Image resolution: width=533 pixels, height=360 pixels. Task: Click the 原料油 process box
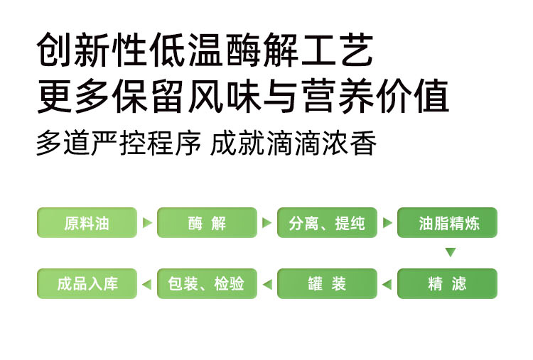(x=87, y=223)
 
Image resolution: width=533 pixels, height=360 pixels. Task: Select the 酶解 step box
(x=207, y=223)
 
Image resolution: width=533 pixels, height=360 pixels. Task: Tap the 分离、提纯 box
(x=327, y=223)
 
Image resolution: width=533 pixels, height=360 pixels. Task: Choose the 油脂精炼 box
(x=448, y=223)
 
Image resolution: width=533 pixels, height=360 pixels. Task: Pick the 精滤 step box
(x=448, y=284)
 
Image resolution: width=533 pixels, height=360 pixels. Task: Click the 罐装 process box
(x=327, y=284)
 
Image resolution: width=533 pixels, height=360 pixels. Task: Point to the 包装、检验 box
(x=207, y=284)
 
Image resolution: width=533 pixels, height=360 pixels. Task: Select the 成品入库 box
(x=87, y=284)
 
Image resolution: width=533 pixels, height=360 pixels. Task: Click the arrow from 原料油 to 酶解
(x=147, y=223)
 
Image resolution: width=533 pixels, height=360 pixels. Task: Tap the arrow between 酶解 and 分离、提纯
(x=267, y=223)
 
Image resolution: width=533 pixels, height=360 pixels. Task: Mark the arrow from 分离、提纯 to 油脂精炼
(x=387, y=223)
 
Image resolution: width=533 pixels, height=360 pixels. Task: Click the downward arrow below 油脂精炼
(x=449, y=252)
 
